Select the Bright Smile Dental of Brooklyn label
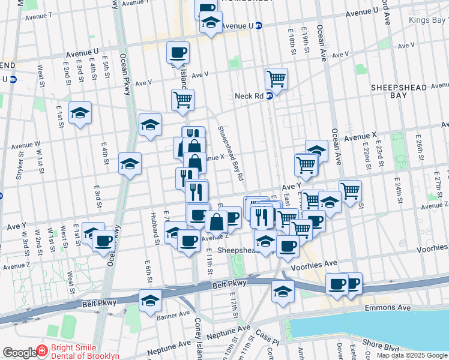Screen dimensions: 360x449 pos(85,352)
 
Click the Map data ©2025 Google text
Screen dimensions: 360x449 pos(411,355)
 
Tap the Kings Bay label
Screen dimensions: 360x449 pos(427,20)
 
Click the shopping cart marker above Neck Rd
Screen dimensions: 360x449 pos(276,78)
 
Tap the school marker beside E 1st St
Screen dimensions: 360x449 pos(80,114)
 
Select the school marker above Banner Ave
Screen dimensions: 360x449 pos(150,300)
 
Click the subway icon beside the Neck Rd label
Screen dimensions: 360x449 pos(269,95)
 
